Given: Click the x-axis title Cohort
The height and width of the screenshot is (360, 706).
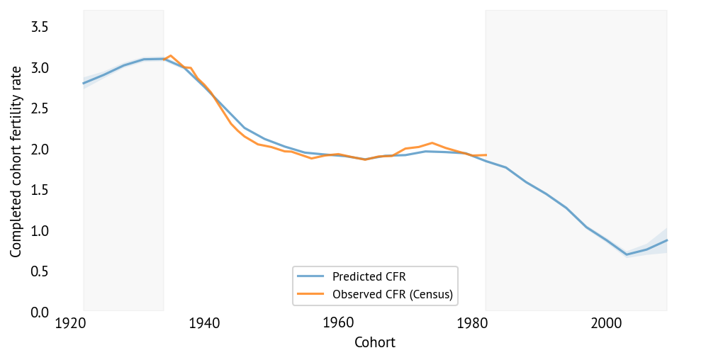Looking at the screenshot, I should pos(374,343).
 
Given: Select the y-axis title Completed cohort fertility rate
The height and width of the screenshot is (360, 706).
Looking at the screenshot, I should pos(16,159).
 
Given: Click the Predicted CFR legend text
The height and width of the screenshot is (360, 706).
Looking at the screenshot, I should pos(367,277).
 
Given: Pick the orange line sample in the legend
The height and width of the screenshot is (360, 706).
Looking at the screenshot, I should pos(310,293).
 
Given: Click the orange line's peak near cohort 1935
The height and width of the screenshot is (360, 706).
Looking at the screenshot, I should pos(170,55).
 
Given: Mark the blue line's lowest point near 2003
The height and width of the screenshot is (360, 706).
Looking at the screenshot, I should pos(627,254).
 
